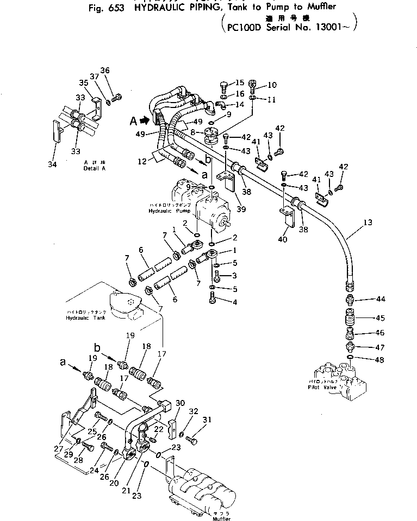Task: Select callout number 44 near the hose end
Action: [380, 300]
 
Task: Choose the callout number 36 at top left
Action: [105, 70]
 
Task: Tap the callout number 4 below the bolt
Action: [235, 302]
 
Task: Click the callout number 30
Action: [180, 403]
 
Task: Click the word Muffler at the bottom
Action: [207, 519]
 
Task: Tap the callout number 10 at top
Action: [272, 85]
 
